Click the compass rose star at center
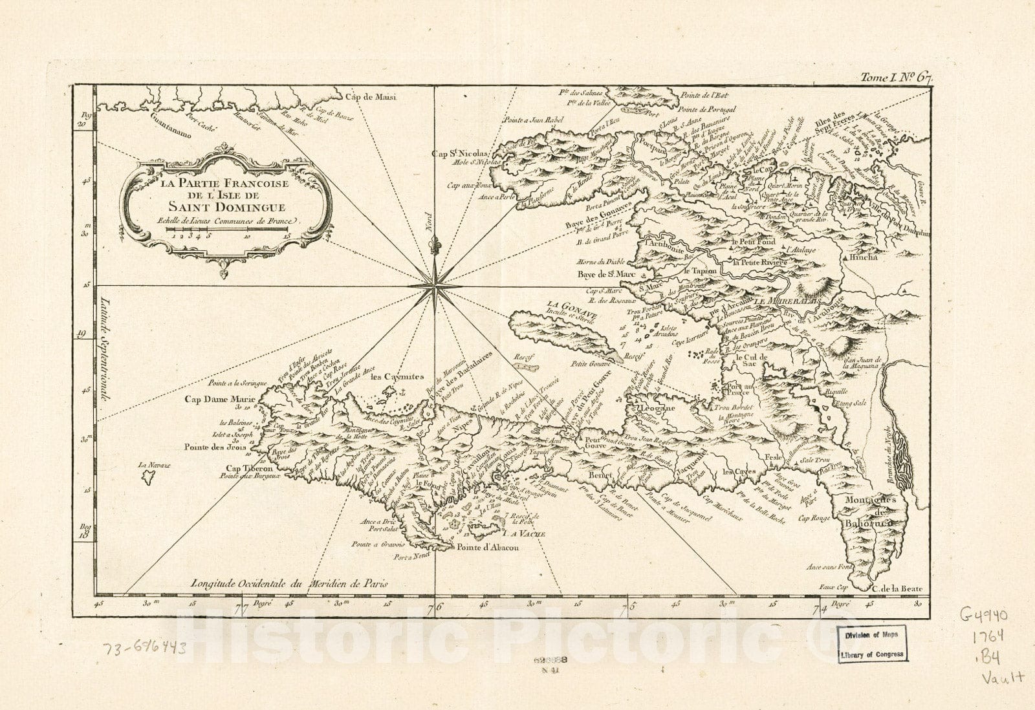pyautogui.click(x=434, y=285)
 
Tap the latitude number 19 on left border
pyautogui.click(x=83, y=334)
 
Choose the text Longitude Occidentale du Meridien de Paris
pyautogui.click(x=289, y=583)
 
